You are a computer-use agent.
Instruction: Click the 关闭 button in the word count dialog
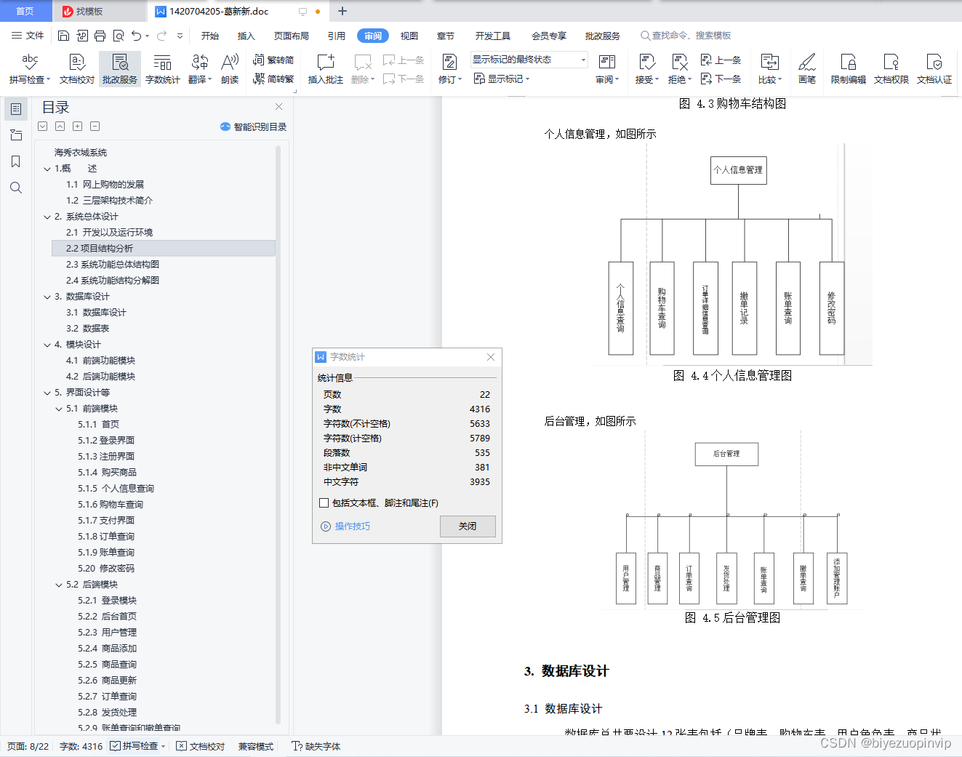[x=468, y=526]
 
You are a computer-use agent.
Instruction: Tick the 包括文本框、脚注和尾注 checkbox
[x=324, y=503]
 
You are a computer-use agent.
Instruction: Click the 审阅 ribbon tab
[x=372, y=36]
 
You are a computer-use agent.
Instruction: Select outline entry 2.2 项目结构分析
[x=100, y=249]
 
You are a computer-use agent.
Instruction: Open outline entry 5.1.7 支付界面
[x=106, y=521]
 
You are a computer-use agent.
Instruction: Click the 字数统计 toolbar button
[x=162, y=69]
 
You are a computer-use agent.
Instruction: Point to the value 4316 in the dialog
[x=479, y=409]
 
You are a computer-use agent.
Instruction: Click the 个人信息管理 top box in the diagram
[x=738, y=170]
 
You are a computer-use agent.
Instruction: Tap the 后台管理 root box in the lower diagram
[x=726, y=454]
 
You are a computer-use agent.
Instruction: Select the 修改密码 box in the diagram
[x=831, y=308]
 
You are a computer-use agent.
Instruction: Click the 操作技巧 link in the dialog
[x=352, y=526]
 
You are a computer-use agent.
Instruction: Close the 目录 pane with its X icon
[x=278, y=107]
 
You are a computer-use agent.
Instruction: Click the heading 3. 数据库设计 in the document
[x=566, y=671]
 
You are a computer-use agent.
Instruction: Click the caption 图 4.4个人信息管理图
[x=732, y=376]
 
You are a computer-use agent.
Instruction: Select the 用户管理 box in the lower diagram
[x=625, y=578]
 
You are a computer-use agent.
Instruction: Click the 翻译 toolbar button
[x=199, y=69]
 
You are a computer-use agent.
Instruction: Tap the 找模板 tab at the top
[x=89, y=12]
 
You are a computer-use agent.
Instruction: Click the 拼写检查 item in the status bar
[x=138, y=746]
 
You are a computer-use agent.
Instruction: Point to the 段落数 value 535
[x=482, y=453]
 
